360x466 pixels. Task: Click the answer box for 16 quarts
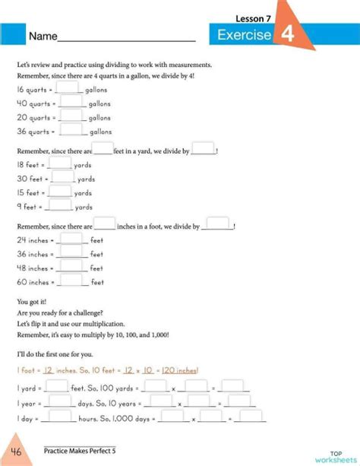tap(70, 88)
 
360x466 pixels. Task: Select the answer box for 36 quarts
tap(71, 131)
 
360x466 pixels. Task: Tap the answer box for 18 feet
tap(61, 163)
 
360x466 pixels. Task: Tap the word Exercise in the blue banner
tap(244, 35)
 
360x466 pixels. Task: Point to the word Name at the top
tap(43, 36)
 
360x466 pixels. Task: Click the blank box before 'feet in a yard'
tap(103, 150)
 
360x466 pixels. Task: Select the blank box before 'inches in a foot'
tap(104, 225)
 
